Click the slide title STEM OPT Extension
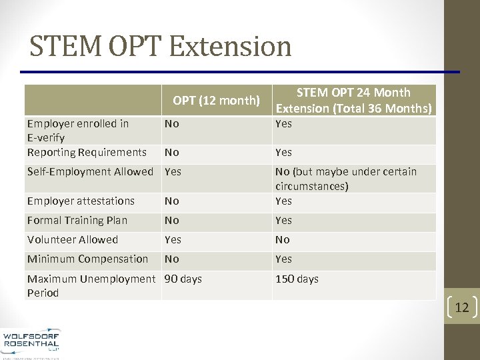click(161, 47)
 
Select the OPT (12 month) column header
click(215, 101)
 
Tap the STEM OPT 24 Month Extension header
click(353, 100)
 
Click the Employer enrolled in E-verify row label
click(78, 131)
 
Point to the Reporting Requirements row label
click(87, 152)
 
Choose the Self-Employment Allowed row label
click(90, 171)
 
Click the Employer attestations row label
click(81, 201)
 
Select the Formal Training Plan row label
click(77, 220)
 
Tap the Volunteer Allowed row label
click(73, 239)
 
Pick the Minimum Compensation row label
click(87, 259)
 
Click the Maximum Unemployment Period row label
click(91, 285)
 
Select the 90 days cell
click(183, 279)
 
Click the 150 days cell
click(297, 279)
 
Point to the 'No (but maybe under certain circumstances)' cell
click(345, 179)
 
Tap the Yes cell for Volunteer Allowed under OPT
click(173, 239)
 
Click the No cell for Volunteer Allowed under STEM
click(283, 239)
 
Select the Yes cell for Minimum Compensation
click(283, 259)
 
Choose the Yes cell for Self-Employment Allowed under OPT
click(173, 171)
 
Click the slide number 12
click(462, 307)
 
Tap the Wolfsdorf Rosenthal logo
click(31, 340)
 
